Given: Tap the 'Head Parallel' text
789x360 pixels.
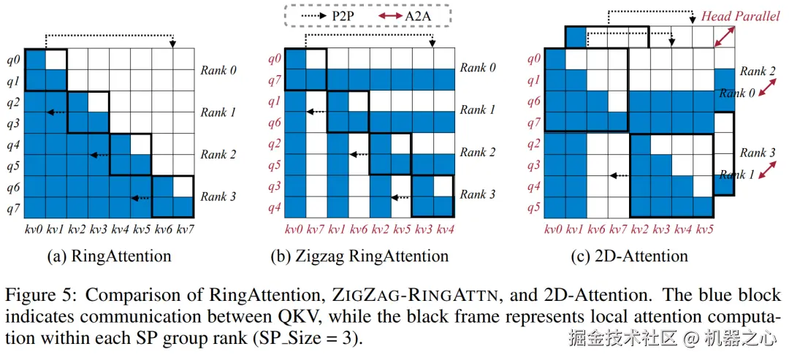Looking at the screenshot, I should pyautogui.click(x=741, y=16).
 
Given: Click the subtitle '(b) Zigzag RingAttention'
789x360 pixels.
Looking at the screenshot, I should pyautogui.click(x=370, y=256).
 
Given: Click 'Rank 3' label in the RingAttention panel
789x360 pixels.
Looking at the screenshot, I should pyautogui.click(x=218, y=197).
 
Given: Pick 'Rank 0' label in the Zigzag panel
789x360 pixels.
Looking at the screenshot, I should pyautogui.click(x=478, y=68).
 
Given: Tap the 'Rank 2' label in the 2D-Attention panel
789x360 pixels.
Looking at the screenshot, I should pyautogui.click(x=758, y=71).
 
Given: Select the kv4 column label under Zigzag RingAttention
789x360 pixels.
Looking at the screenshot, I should pyautogui.click(x=444, y=230).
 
